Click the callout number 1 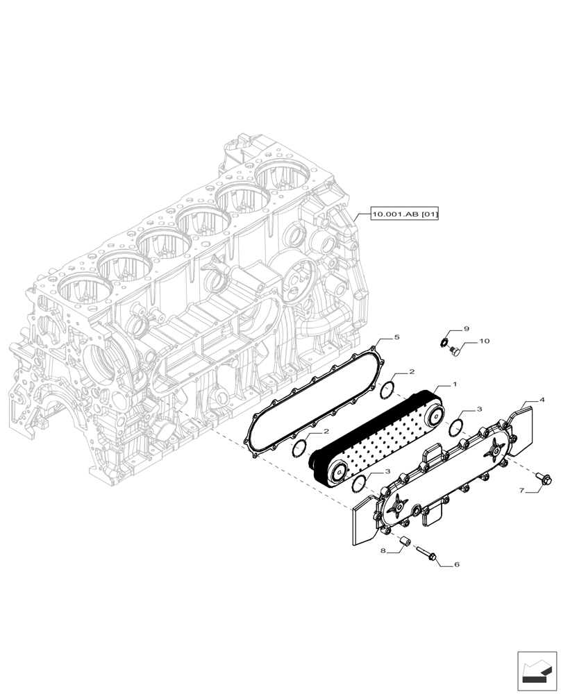pos(454,384)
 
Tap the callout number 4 pos(542,400)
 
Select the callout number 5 pos(396,337)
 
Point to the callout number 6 pos(456,565)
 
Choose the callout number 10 pos(485,341)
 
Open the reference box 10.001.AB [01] pos(405,215)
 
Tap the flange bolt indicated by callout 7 pos(544,477)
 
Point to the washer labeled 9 pos(445,341)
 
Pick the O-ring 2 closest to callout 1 pos(389,391)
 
